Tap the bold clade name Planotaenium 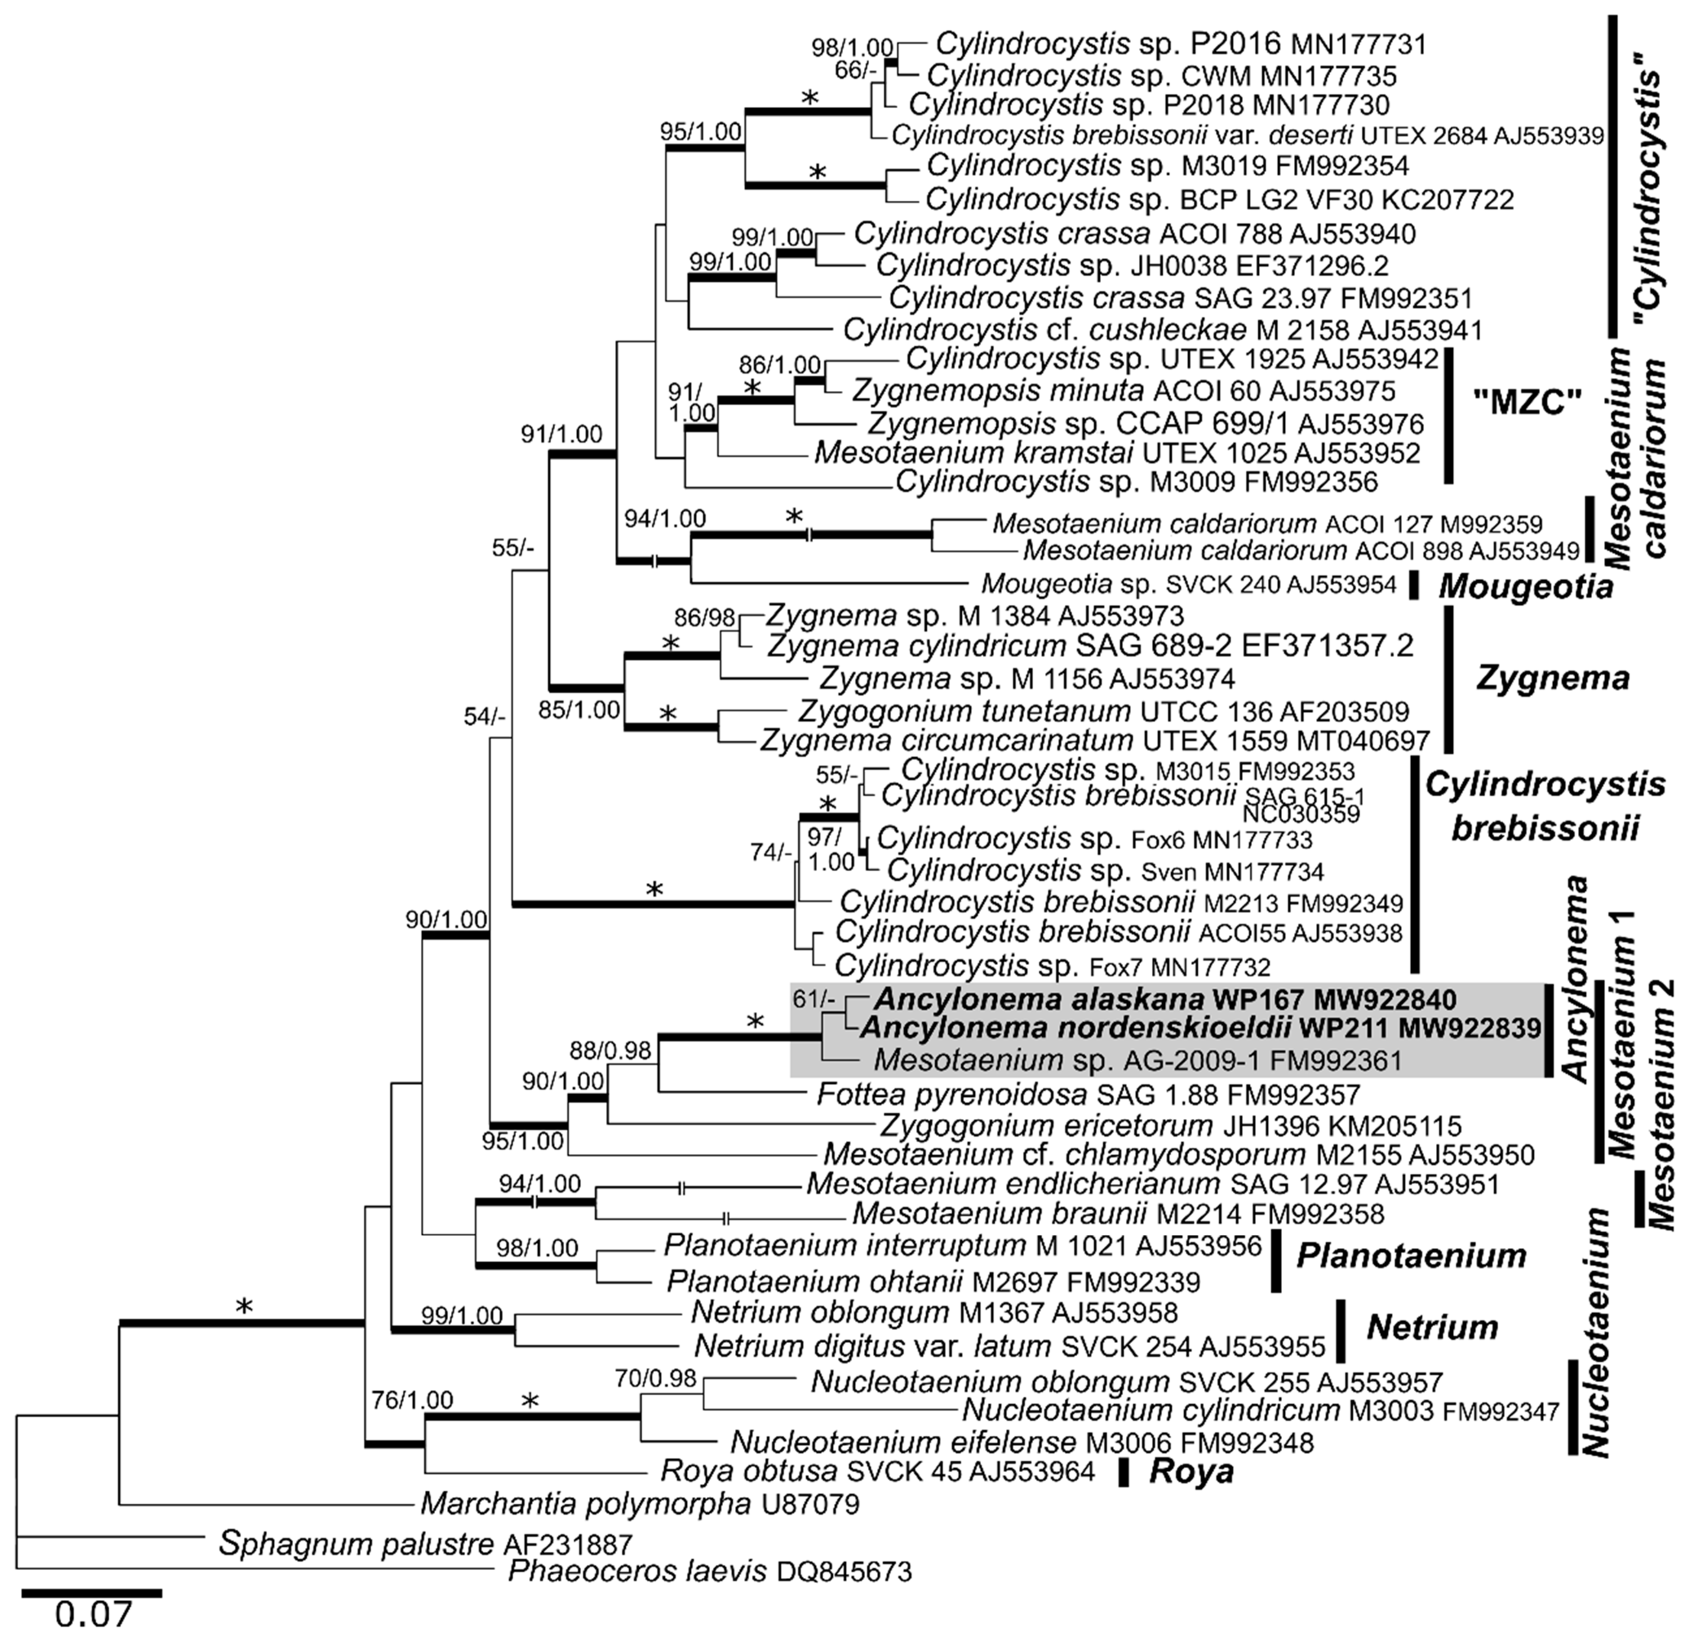tap(1411, 1255)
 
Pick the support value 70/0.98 tap(655, 1379)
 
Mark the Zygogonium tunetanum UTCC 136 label tap(1103, 712)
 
